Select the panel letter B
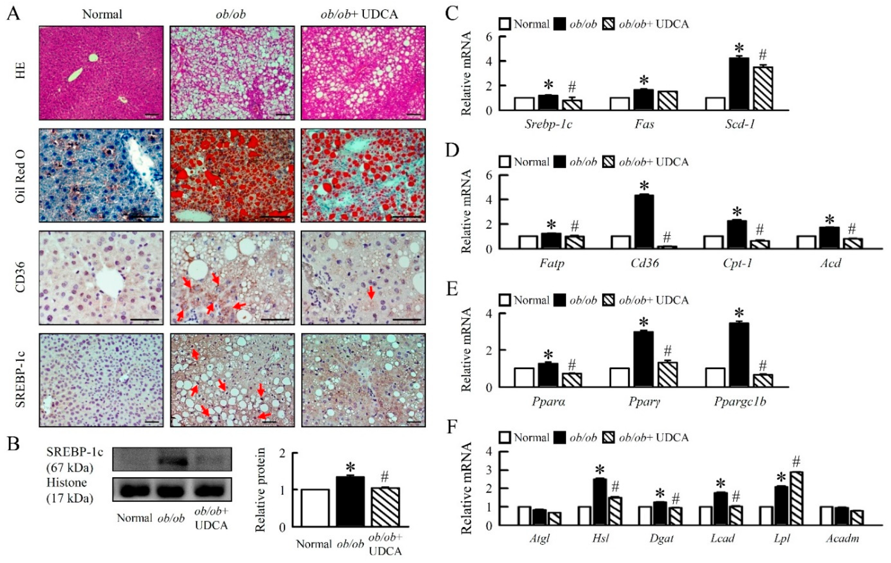14,443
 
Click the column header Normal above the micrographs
102,14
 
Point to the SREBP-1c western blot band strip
172,459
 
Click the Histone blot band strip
172,489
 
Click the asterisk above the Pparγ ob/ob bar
644,322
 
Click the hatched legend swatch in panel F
609,438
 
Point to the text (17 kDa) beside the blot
70,498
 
